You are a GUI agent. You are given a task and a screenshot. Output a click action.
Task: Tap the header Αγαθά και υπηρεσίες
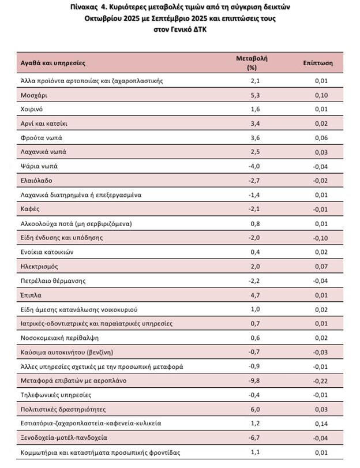tap(52, 62)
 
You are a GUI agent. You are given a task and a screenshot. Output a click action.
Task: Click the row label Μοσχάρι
tap(33, 95)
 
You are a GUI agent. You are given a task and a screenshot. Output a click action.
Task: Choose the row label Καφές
tap(30, 209)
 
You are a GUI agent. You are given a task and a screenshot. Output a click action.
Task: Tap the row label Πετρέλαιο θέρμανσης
tap(53, 281)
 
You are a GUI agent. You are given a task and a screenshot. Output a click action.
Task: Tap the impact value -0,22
tap(320, 381)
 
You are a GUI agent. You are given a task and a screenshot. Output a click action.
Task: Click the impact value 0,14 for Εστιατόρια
tap(321, 424)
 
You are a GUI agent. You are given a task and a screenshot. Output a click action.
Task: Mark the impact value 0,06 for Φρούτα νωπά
tap(321, 138)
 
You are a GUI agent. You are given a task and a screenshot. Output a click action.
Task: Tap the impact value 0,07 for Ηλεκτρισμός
tap(321, 267)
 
